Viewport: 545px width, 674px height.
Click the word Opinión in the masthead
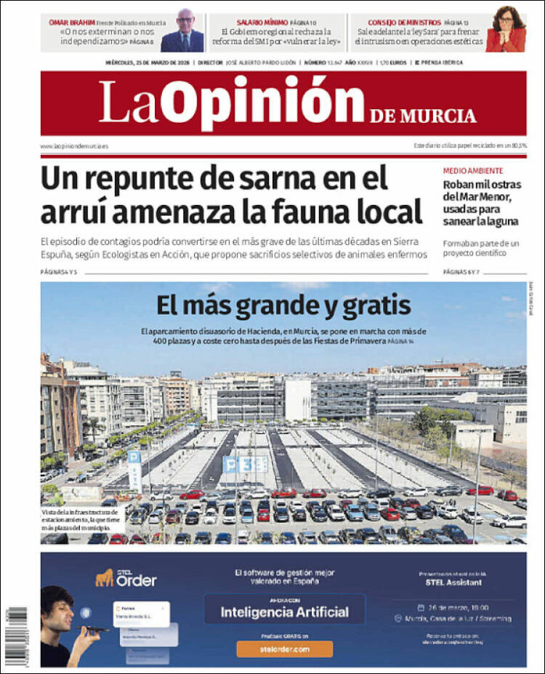click(x=262, y=102)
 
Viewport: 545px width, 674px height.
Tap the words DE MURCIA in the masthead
click(x=422, y=116)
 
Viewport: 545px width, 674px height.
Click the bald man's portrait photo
click(x=182, y=32)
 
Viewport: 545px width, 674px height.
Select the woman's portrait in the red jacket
click(x=506, y=31)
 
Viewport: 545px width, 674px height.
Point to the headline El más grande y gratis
click(x=283, y=303)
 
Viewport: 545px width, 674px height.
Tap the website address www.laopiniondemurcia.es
click(x=74, y=146)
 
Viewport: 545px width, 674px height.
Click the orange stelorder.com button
click(x=283, y=649)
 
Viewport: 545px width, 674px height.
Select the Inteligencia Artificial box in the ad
click(x=285, y=611)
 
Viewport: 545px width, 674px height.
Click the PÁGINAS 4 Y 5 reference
click(x=60, y=272)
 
